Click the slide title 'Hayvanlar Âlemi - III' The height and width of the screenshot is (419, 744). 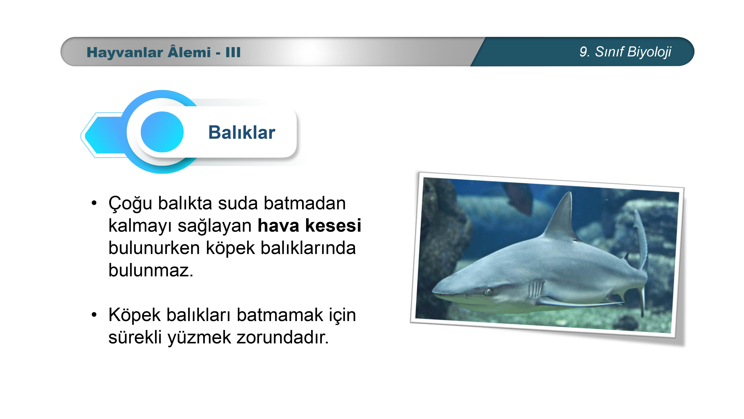click(163, 52)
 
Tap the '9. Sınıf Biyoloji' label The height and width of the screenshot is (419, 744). click(625, 52)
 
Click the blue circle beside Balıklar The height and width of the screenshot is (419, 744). click(162, 132)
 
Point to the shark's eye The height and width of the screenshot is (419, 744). click(489, 291)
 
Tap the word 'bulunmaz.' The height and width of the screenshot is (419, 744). click(151, 270)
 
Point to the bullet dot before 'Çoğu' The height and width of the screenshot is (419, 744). click(94, 203)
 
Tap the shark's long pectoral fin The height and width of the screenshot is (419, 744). click(581, 303)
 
